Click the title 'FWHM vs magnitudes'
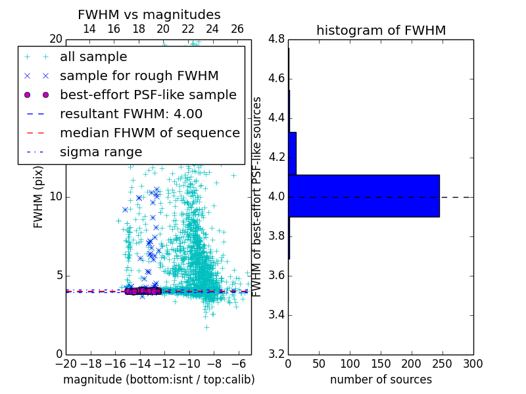pos(149,14)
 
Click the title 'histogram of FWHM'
pos(381,30)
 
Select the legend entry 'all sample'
pos(93,57)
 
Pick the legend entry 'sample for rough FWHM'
pos(139,76)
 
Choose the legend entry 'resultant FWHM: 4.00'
pos(131,114)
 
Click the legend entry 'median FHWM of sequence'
pos(149,133)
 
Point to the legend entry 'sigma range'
pos(101,152)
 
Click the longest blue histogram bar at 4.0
pos(364,196)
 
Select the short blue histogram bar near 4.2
pos(292,154)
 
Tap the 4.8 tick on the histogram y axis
pos(276,39)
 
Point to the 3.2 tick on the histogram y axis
pos(276,354)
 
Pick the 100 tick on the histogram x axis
pos(350,364)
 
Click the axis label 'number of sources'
pos(381,380)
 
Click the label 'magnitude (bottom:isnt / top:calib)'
pos(158,380)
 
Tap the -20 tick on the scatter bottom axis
pos(66,364)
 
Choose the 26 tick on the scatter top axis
pos(237,29)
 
